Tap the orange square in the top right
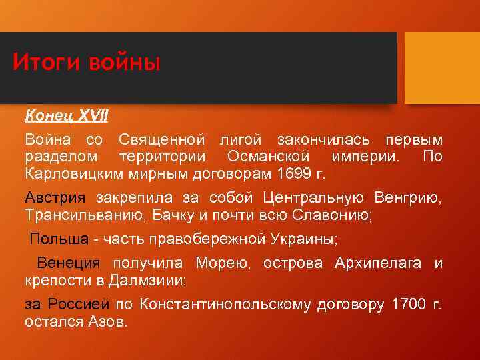pos(442,68)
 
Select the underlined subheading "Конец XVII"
pos(67,116)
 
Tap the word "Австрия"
pos(55,198)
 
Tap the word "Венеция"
pos(68,264)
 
